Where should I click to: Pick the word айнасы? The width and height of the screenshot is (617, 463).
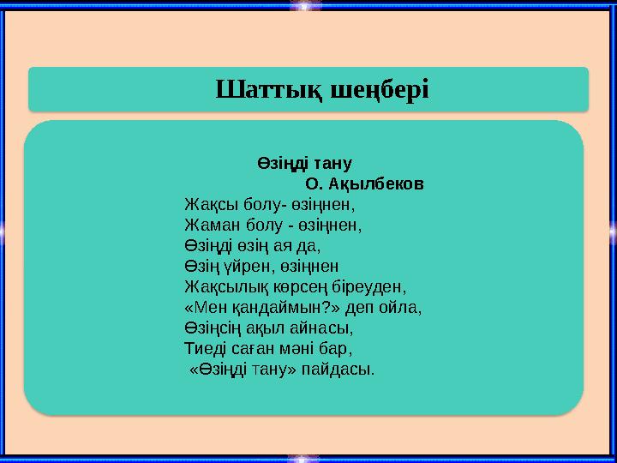pos(323,328)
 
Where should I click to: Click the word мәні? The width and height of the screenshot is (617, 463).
pos(303,349)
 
